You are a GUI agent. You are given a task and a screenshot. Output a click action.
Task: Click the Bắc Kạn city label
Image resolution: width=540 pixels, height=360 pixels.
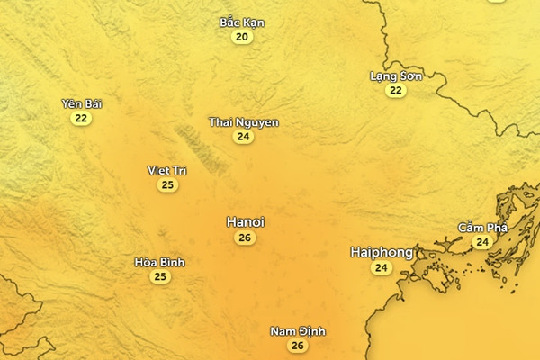(x=242, y=22)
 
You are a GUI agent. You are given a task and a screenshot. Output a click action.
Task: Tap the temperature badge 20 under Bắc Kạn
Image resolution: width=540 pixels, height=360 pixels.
(x=242, y=38)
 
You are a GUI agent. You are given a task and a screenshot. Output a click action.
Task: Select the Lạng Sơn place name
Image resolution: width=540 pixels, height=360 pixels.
(x=396, y=76)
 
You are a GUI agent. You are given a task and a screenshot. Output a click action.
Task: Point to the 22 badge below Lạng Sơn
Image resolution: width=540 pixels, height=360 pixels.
(x=396, y=91)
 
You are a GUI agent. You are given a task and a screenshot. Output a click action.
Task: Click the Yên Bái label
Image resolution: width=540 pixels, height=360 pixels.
(x=82, y=103)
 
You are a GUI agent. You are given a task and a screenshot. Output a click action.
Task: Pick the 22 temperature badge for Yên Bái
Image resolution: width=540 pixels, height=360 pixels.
(x=82, y=118)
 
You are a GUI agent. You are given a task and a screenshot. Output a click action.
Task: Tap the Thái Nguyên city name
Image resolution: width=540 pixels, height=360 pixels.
(x=243, y=121)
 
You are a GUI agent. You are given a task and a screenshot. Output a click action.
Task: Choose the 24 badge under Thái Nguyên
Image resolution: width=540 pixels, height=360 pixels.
(x=243, y=137)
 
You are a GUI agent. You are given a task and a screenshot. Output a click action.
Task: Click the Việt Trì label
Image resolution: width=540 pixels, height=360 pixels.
(x=166, y=170)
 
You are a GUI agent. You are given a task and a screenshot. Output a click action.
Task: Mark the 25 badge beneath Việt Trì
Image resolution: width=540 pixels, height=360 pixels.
(x=166, y=185)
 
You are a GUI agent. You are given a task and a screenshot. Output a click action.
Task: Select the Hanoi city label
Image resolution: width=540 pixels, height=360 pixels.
(x=245, y=221)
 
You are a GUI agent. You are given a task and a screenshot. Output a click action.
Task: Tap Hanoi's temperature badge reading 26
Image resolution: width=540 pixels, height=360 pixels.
(x=244, y=238)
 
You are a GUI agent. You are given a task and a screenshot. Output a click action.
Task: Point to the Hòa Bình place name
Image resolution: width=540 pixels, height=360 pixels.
(x=159, y=262)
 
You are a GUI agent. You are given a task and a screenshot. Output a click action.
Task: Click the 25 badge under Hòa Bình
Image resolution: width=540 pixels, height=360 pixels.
(x=159, y=276)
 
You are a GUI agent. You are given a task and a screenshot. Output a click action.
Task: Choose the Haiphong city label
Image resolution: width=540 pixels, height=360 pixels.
(x=382, y=253)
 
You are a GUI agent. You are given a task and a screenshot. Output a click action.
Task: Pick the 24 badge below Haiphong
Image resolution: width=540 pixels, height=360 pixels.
(x=382, y=268)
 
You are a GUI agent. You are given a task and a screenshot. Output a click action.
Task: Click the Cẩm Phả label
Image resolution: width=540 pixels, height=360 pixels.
(x=481, y=227)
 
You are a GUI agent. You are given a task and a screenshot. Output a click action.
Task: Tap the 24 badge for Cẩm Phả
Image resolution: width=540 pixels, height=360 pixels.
(x=482, y=242)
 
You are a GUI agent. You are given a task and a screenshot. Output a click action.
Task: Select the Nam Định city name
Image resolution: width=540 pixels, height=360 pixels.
(x=298, y=331)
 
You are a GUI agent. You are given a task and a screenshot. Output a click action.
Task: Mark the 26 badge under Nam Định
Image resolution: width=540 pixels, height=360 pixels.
(x=298, y=346)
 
